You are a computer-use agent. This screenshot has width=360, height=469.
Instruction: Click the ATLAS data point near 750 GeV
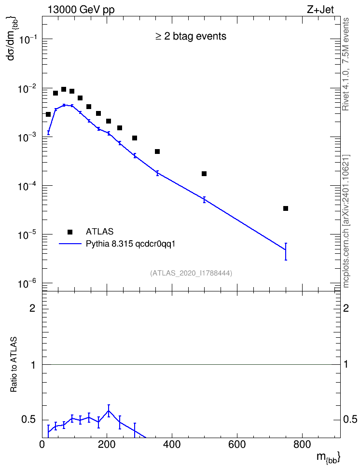(286, 208)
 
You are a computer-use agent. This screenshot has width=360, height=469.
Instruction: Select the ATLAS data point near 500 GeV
(204, 174)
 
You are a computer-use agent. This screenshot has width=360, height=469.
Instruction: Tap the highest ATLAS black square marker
(64, 89)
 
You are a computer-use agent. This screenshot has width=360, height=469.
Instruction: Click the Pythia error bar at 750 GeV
(286, 251)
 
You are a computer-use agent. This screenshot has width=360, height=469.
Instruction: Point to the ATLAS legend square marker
(70, 232)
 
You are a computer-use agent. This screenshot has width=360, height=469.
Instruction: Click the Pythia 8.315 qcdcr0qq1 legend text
(130, 244)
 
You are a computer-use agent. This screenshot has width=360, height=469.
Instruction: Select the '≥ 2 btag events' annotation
(191, 36)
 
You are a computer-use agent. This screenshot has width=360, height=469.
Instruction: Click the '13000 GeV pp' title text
(81, 10)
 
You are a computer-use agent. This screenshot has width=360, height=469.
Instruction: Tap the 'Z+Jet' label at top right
(320, 10)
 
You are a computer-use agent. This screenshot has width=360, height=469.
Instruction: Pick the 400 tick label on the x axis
(172, 444)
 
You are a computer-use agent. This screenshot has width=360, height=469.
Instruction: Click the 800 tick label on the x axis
(302, 444)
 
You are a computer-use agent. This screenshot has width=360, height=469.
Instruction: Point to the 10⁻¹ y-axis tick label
(28, 39)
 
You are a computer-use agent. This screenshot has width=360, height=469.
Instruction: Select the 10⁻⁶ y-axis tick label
(28, 283)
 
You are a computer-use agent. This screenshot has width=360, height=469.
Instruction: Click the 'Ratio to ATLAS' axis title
(14, 364)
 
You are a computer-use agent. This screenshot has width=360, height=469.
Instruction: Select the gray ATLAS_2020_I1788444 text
(191, 273)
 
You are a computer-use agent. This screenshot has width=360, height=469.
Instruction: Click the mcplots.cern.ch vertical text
(346, 221)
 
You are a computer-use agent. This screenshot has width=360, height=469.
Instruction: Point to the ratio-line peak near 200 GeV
(109, 410)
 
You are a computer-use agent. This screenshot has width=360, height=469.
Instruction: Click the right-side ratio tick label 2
(346, 308)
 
